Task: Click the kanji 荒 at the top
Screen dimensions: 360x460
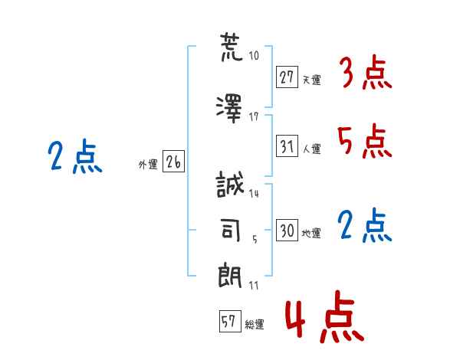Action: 230,47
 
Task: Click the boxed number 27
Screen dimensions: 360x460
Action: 287,77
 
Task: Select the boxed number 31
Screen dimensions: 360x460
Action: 287,145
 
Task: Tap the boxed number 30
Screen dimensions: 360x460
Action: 287,230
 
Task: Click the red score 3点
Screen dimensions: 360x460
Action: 365,74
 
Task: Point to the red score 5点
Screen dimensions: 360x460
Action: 365,142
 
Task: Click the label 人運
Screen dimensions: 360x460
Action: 312,149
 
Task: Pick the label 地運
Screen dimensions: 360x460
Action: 312,234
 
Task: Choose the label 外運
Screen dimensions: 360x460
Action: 148,164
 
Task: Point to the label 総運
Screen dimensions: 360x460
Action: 255,325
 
